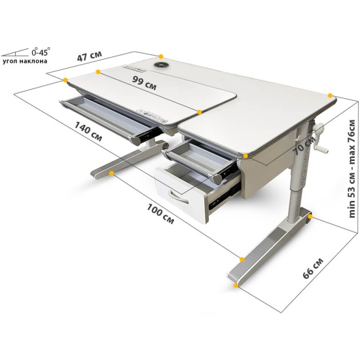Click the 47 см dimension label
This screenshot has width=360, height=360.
click(89, 56)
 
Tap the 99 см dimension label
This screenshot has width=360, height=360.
click(145, 83)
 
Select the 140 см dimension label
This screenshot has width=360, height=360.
click(88, 132)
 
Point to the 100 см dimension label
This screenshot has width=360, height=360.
click(160, 214)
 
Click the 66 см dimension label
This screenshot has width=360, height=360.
click(313, 268)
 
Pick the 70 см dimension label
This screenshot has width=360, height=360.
click(304, 146)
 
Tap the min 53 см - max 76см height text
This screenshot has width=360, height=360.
click(351, 169)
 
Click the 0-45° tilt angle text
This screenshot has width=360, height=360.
click(41, 52)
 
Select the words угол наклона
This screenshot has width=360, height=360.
click(25, 62)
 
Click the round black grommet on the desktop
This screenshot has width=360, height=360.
click(161, 65)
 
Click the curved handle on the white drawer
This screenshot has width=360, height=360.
click(177, 196)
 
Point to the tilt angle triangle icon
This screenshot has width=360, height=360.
click(15, 52)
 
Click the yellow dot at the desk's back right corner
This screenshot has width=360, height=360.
click(330, 96)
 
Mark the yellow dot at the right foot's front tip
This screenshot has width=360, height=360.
click(236, 285)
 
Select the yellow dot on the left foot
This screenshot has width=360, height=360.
click(111, 173)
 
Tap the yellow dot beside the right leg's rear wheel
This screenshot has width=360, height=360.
click(310, 216)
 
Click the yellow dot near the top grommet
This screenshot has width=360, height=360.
click(161, 56)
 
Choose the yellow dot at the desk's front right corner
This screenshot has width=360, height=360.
click(245, 156)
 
